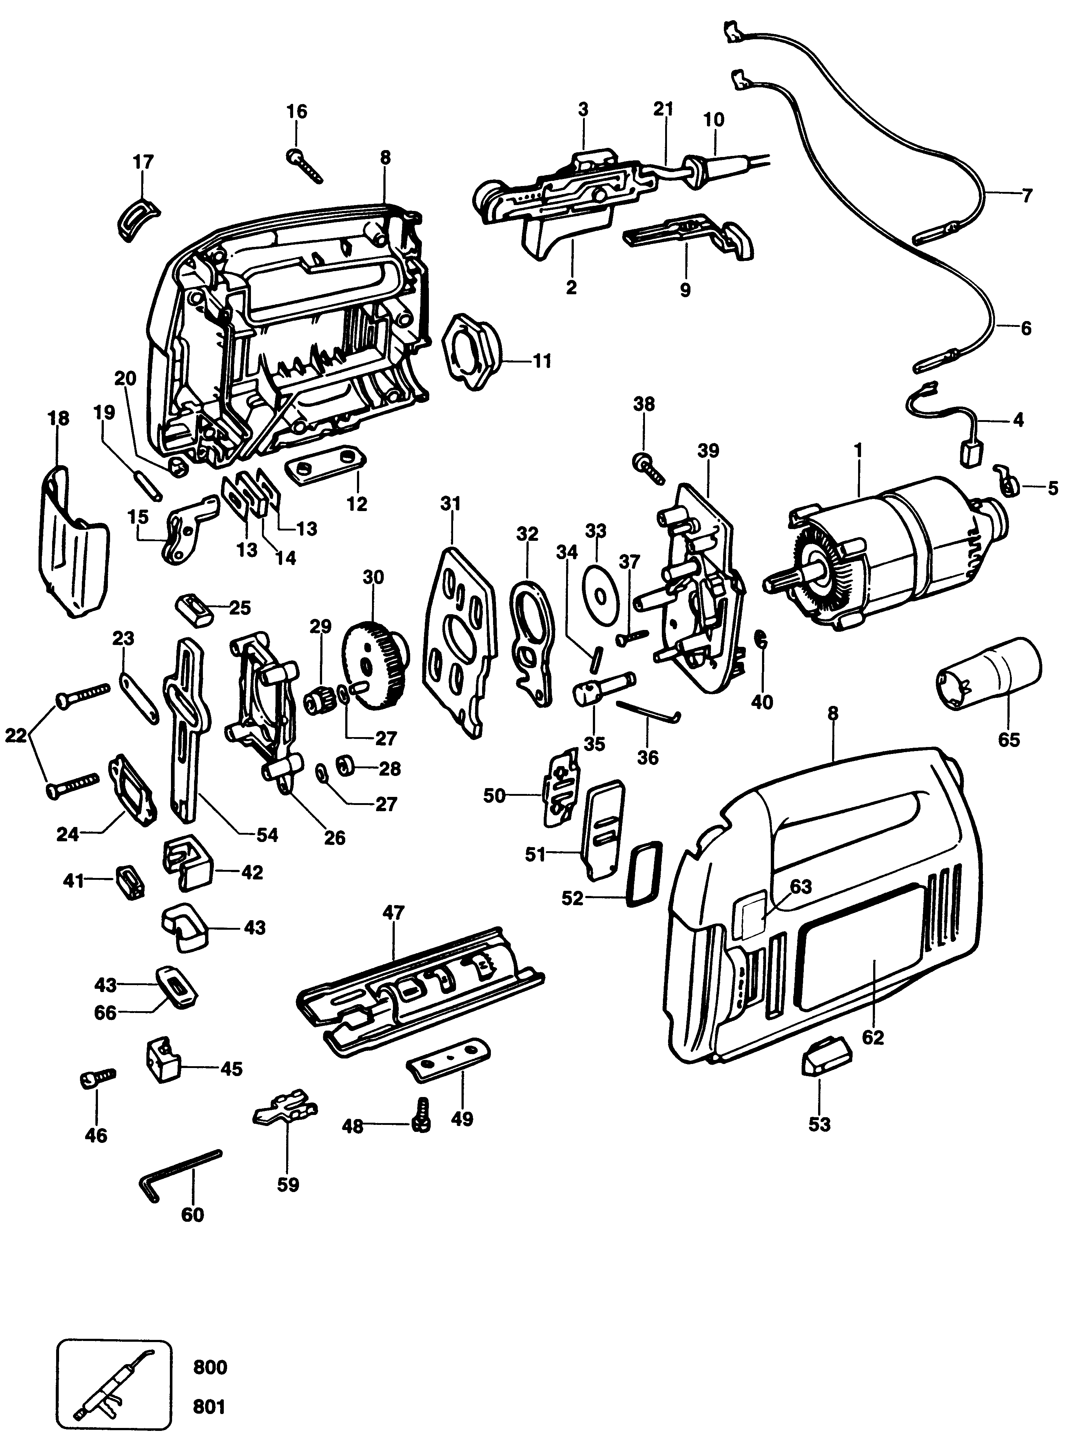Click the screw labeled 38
(x=648, y=469)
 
